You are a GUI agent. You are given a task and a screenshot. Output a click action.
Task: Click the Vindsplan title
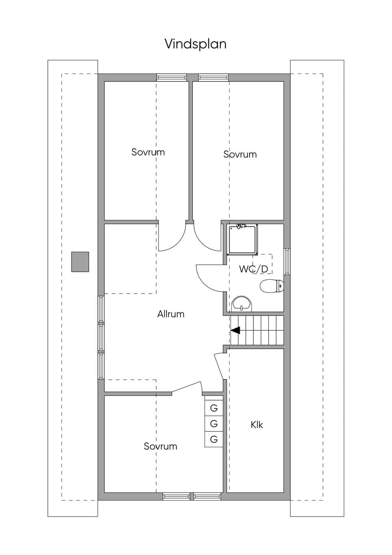click(x=196, y=44)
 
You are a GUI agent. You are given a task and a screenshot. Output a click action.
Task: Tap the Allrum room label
click(x=171, y=314)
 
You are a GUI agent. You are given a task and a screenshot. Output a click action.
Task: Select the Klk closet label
click(x=256, y=425)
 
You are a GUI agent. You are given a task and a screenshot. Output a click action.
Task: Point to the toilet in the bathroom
click(x=272, y=286)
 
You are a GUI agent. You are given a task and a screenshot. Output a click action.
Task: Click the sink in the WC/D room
click(x=242, y=304)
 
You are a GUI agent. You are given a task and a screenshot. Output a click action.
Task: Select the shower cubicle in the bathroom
click(x=243, y=239)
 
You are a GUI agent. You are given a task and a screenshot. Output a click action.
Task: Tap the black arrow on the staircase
click(x=235, y=330)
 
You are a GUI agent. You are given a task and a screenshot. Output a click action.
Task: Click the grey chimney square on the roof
click(x=80, y=262)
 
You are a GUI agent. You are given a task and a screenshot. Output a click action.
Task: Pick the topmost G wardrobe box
click(x=214, y=408)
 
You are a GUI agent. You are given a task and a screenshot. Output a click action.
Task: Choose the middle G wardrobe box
click(x=214, y=424)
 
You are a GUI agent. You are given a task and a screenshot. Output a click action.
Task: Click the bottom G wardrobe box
click(x=214, y=439)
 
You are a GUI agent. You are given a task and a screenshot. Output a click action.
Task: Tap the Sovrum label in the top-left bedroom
click(x=148, y=152)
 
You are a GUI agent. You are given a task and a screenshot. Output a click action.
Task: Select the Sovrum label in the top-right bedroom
click(x=240, y=154)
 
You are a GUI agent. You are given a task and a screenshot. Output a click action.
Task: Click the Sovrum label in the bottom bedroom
click(x=160, y=447)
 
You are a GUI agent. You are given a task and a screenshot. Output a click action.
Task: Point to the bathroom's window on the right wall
click(x=287, y=262)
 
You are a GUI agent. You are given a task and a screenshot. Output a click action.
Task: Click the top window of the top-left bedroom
click(x=171, y=77)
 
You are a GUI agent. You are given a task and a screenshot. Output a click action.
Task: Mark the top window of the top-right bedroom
click(x=213, y=77)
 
